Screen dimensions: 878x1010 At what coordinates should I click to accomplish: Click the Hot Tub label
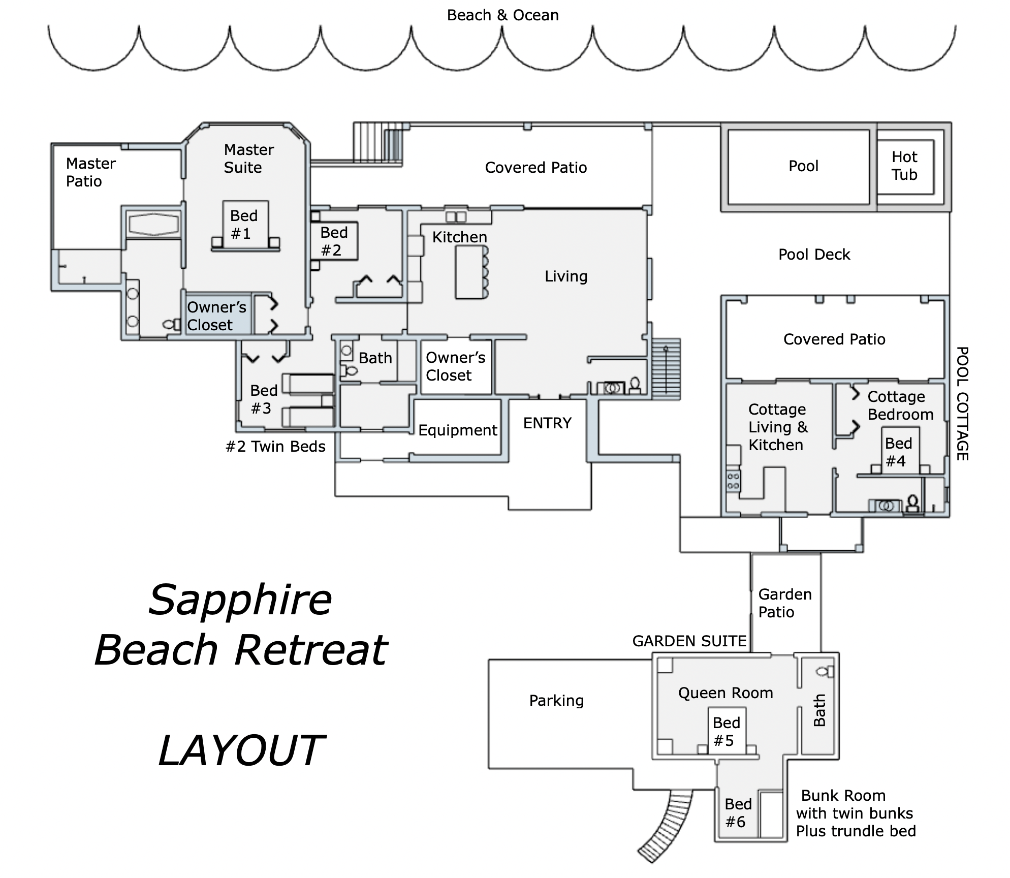point(904,166)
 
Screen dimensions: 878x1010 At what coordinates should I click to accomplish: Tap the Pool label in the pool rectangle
point(803,166)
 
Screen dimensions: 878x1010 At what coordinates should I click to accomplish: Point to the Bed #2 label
point(333,241)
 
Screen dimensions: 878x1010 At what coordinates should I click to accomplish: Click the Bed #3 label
point(263,399)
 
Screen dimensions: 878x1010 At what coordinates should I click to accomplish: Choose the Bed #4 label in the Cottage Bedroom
point(898,452)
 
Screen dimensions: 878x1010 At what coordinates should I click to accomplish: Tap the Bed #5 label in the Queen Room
point(726,732)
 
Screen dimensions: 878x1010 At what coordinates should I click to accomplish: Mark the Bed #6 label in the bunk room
point(738,813)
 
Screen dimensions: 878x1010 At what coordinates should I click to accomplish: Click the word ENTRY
point(547,423)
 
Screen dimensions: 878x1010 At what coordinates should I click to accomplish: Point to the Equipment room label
point(458,430)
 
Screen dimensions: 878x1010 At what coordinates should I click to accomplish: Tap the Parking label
point(556,701)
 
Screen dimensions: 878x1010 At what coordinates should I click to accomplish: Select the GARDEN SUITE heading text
point(689,641)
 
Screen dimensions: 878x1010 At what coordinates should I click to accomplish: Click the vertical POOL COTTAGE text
point(962,404)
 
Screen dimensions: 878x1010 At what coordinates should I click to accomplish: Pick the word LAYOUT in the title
point(241,751)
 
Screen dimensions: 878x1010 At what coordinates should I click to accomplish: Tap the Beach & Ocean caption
point(502,15)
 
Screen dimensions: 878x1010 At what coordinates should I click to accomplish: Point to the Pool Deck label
point(814,255)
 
